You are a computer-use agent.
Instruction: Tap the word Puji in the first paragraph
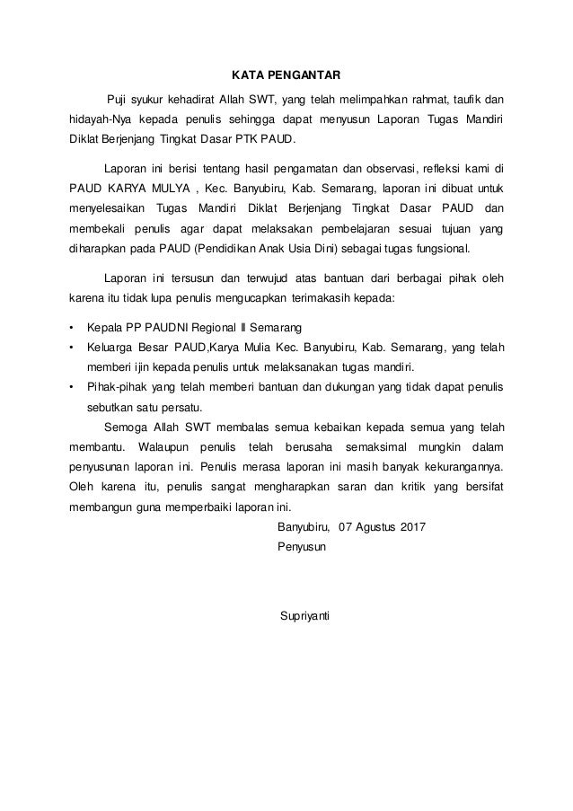[x=118, y=98]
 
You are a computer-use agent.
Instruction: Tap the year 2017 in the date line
[x=412, y=525]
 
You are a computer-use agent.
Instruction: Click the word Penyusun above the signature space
[x=303, y=546]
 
